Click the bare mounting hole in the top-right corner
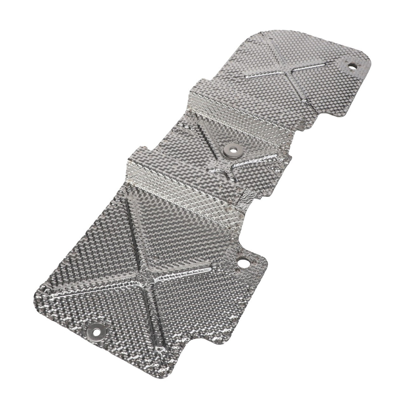pyautogui.click(x=353, y=66)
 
